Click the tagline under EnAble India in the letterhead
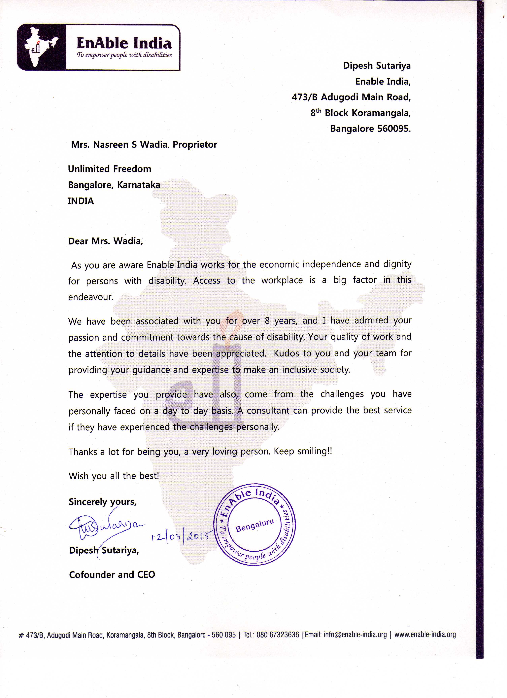[x=124, y=55]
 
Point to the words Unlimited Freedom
[x=110, y=169]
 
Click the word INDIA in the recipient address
[x=81, y=201]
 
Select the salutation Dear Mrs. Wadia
[x=106, y=241]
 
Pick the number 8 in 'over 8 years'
[x=267, y=321]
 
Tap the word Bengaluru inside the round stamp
[x=254, y=525]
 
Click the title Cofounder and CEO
[x=112, y=575]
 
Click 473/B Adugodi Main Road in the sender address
[x=351, y=97]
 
